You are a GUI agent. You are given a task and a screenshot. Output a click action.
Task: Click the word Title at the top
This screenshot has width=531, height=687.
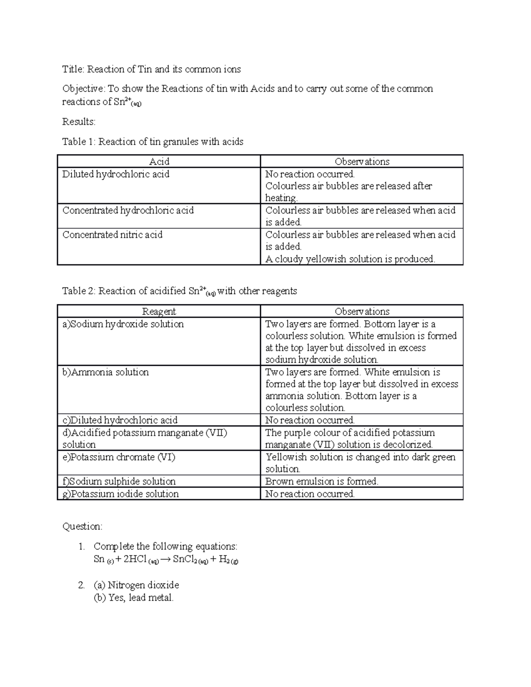click(x=73, y=69)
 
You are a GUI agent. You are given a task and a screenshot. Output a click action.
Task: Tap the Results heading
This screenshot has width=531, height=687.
click(x=79, y=122)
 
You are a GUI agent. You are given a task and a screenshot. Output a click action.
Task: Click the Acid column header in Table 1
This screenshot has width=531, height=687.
click(x=159, y=161)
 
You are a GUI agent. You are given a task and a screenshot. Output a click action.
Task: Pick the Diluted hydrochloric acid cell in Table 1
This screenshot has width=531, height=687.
click(x=116, y=174)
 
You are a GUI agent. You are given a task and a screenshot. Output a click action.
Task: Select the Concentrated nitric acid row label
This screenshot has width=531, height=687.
click(x=112, y=235)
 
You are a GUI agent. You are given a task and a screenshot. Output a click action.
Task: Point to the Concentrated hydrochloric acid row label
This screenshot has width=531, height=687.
click(x=128, y=211)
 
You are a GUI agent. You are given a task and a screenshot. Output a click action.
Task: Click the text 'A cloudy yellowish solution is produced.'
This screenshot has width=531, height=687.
click(x=350, y=259)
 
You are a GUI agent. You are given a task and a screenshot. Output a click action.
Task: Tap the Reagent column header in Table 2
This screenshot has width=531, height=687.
click(x=159, y=311)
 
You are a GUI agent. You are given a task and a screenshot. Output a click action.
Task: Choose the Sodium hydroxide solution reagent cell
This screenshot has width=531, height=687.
click(x=123, y=324)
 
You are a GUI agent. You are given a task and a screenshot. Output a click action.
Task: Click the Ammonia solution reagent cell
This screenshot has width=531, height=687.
click(x=105, y=372)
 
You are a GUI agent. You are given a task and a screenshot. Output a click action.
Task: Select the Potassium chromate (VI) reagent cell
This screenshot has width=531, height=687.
click(x=119, y=457)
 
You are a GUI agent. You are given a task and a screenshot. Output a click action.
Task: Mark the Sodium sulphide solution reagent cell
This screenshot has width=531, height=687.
click(x=119, y=482)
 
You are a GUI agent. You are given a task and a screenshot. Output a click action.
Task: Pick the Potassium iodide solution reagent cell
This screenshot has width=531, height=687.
click(x=120, y=494)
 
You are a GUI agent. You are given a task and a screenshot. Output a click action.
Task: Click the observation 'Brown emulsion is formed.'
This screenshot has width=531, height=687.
click(x=322, y=482)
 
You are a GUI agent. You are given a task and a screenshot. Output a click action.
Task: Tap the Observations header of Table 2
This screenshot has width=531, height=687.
click(x=362, y=311)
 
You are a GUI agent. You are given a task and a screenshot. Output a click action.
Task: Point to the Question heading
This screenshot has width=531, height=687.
click(x=82, y=526)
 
